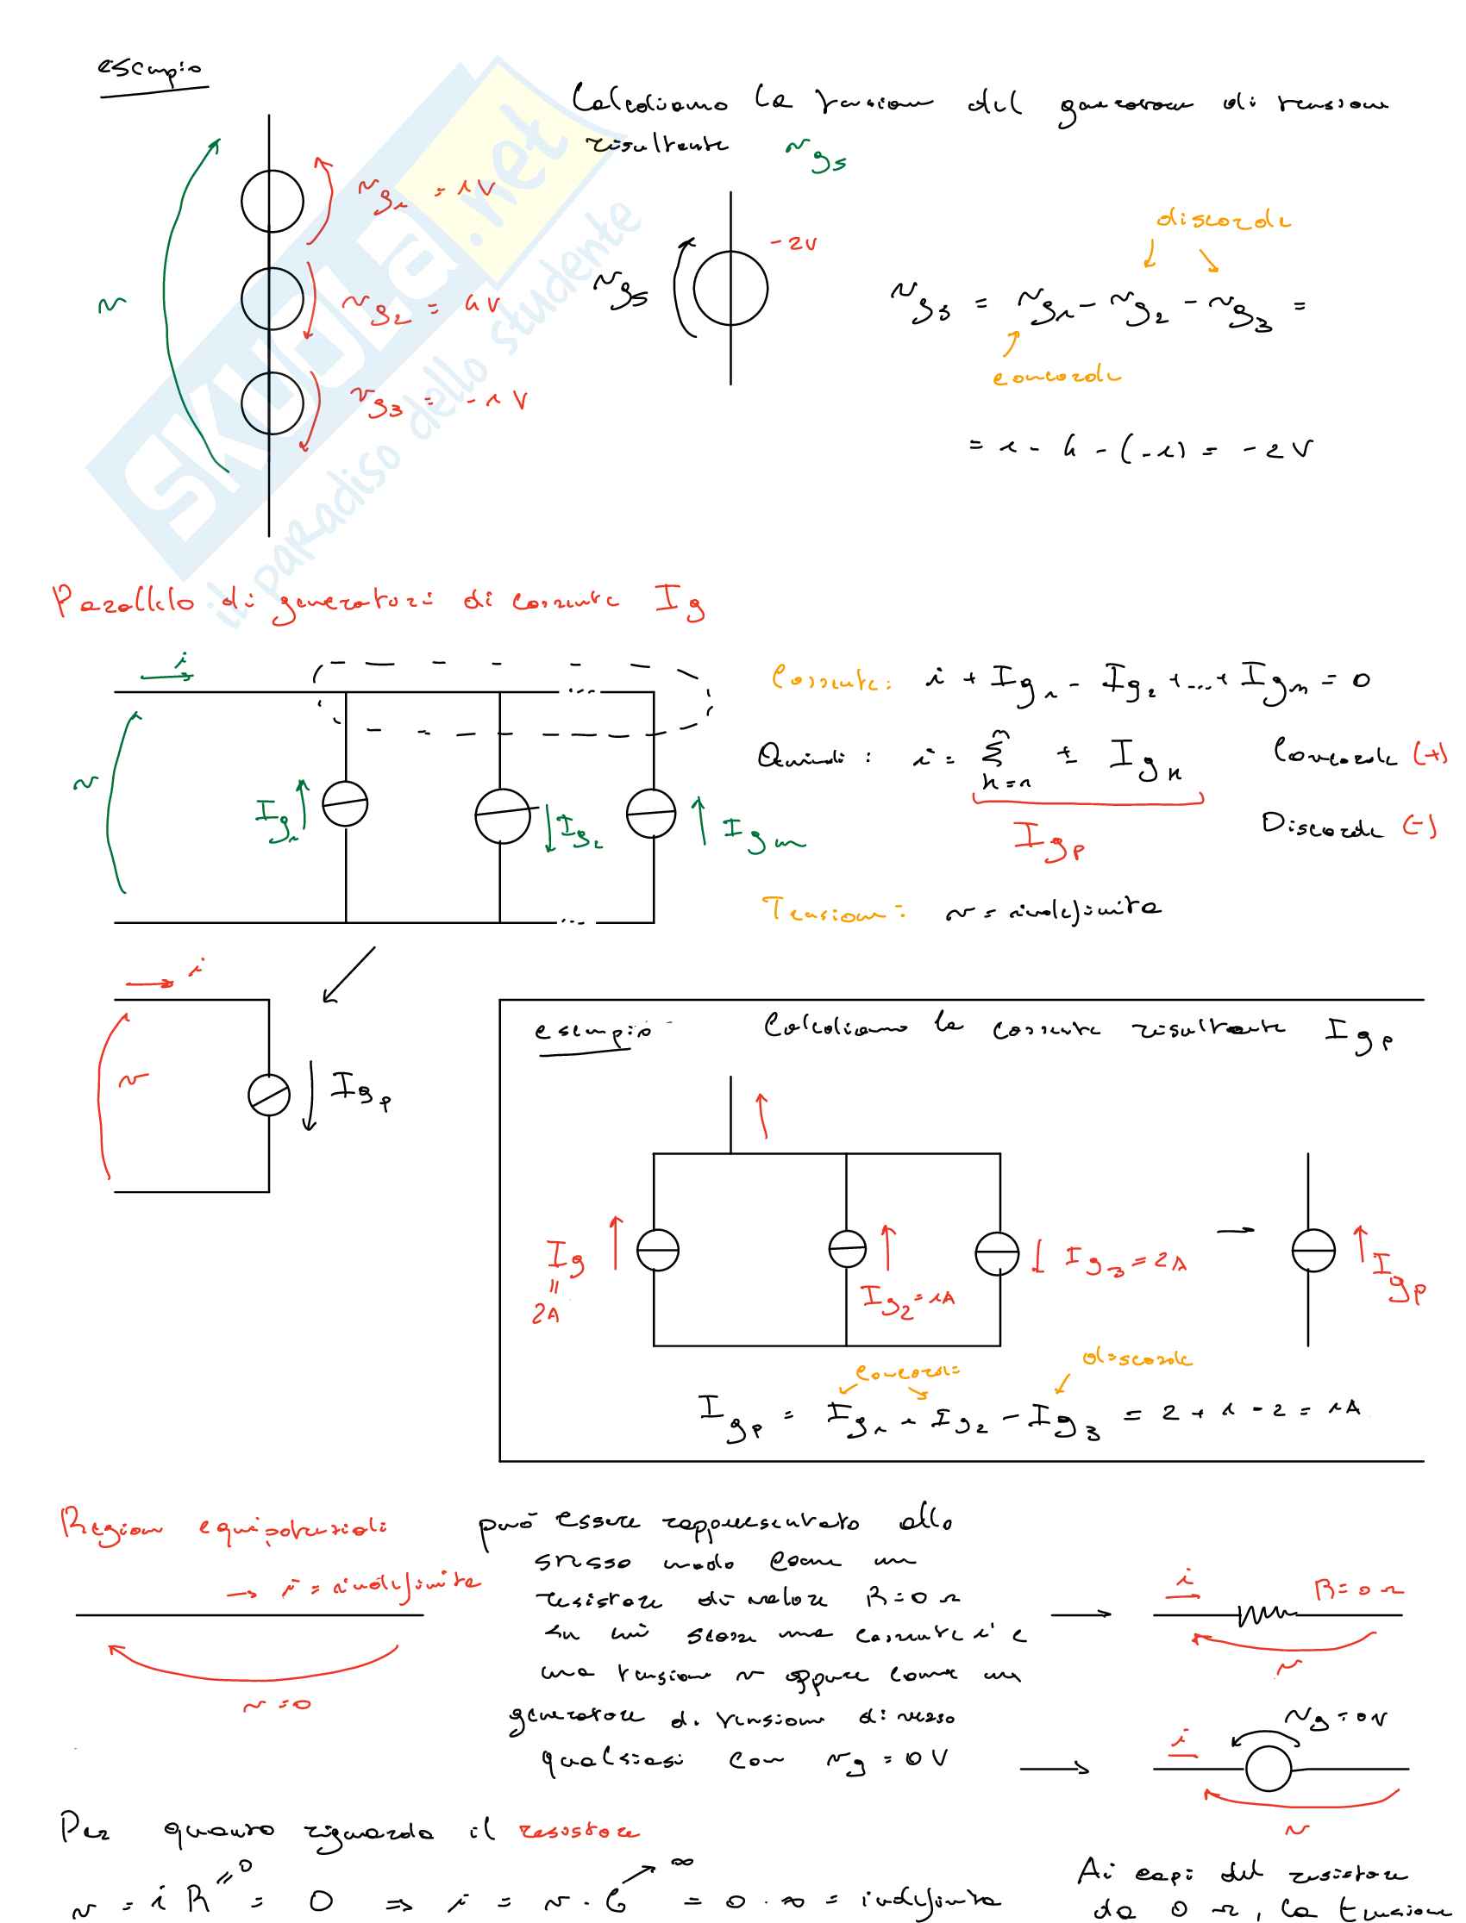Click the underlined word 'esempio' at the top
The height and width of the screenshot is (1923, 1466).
[x=149, y=69]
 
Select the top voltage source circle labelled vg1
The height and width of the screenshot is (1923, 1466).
[x=273, y=202]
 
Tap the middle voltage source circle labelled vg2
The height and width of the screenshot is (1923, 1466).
[x=273, y=298]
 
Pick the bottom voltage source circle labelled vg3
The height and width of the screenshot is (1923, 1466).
[x=273, y=403]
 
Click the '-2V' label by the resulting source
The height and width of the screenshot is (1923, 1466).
[x=793, y=244]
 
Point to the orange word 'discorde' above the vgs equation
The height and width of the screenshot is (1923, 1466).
[x=1223, y=220]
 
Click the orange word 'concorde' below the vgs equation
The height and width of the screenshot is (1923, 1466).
[x=1056, y=377]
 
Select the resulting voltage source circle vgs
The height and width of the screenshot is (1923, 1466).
[x=730, y=288]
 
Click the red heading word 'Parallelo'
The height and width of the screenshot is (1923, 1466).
[x=123, y=602]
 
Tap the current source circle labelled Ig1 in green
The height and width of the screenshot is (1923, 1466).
[x=346, y=804]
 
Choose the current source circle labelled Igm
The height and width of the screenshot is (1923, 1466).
[x=651, y=813]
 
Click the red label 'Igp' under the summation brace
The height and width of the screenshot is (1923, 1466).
[x=1048, y=840]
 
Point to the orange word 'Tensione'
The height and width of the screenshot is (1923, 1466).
[x=833, y=911]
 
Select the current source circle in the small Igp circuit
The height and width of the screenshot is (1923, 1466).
[x=269, y=1096]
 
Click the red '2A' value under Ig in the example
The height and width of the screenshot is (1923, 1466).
[x=546, y=1314]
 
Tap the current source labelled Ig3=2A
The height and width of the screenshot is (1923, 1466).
[x=998, y=1254]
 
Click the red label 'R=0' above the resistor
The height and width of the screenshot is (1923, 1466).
[x=1358, y=1589]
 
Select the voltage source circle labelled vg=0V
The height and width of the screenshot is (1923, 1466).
[x=1268, y=1769]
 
